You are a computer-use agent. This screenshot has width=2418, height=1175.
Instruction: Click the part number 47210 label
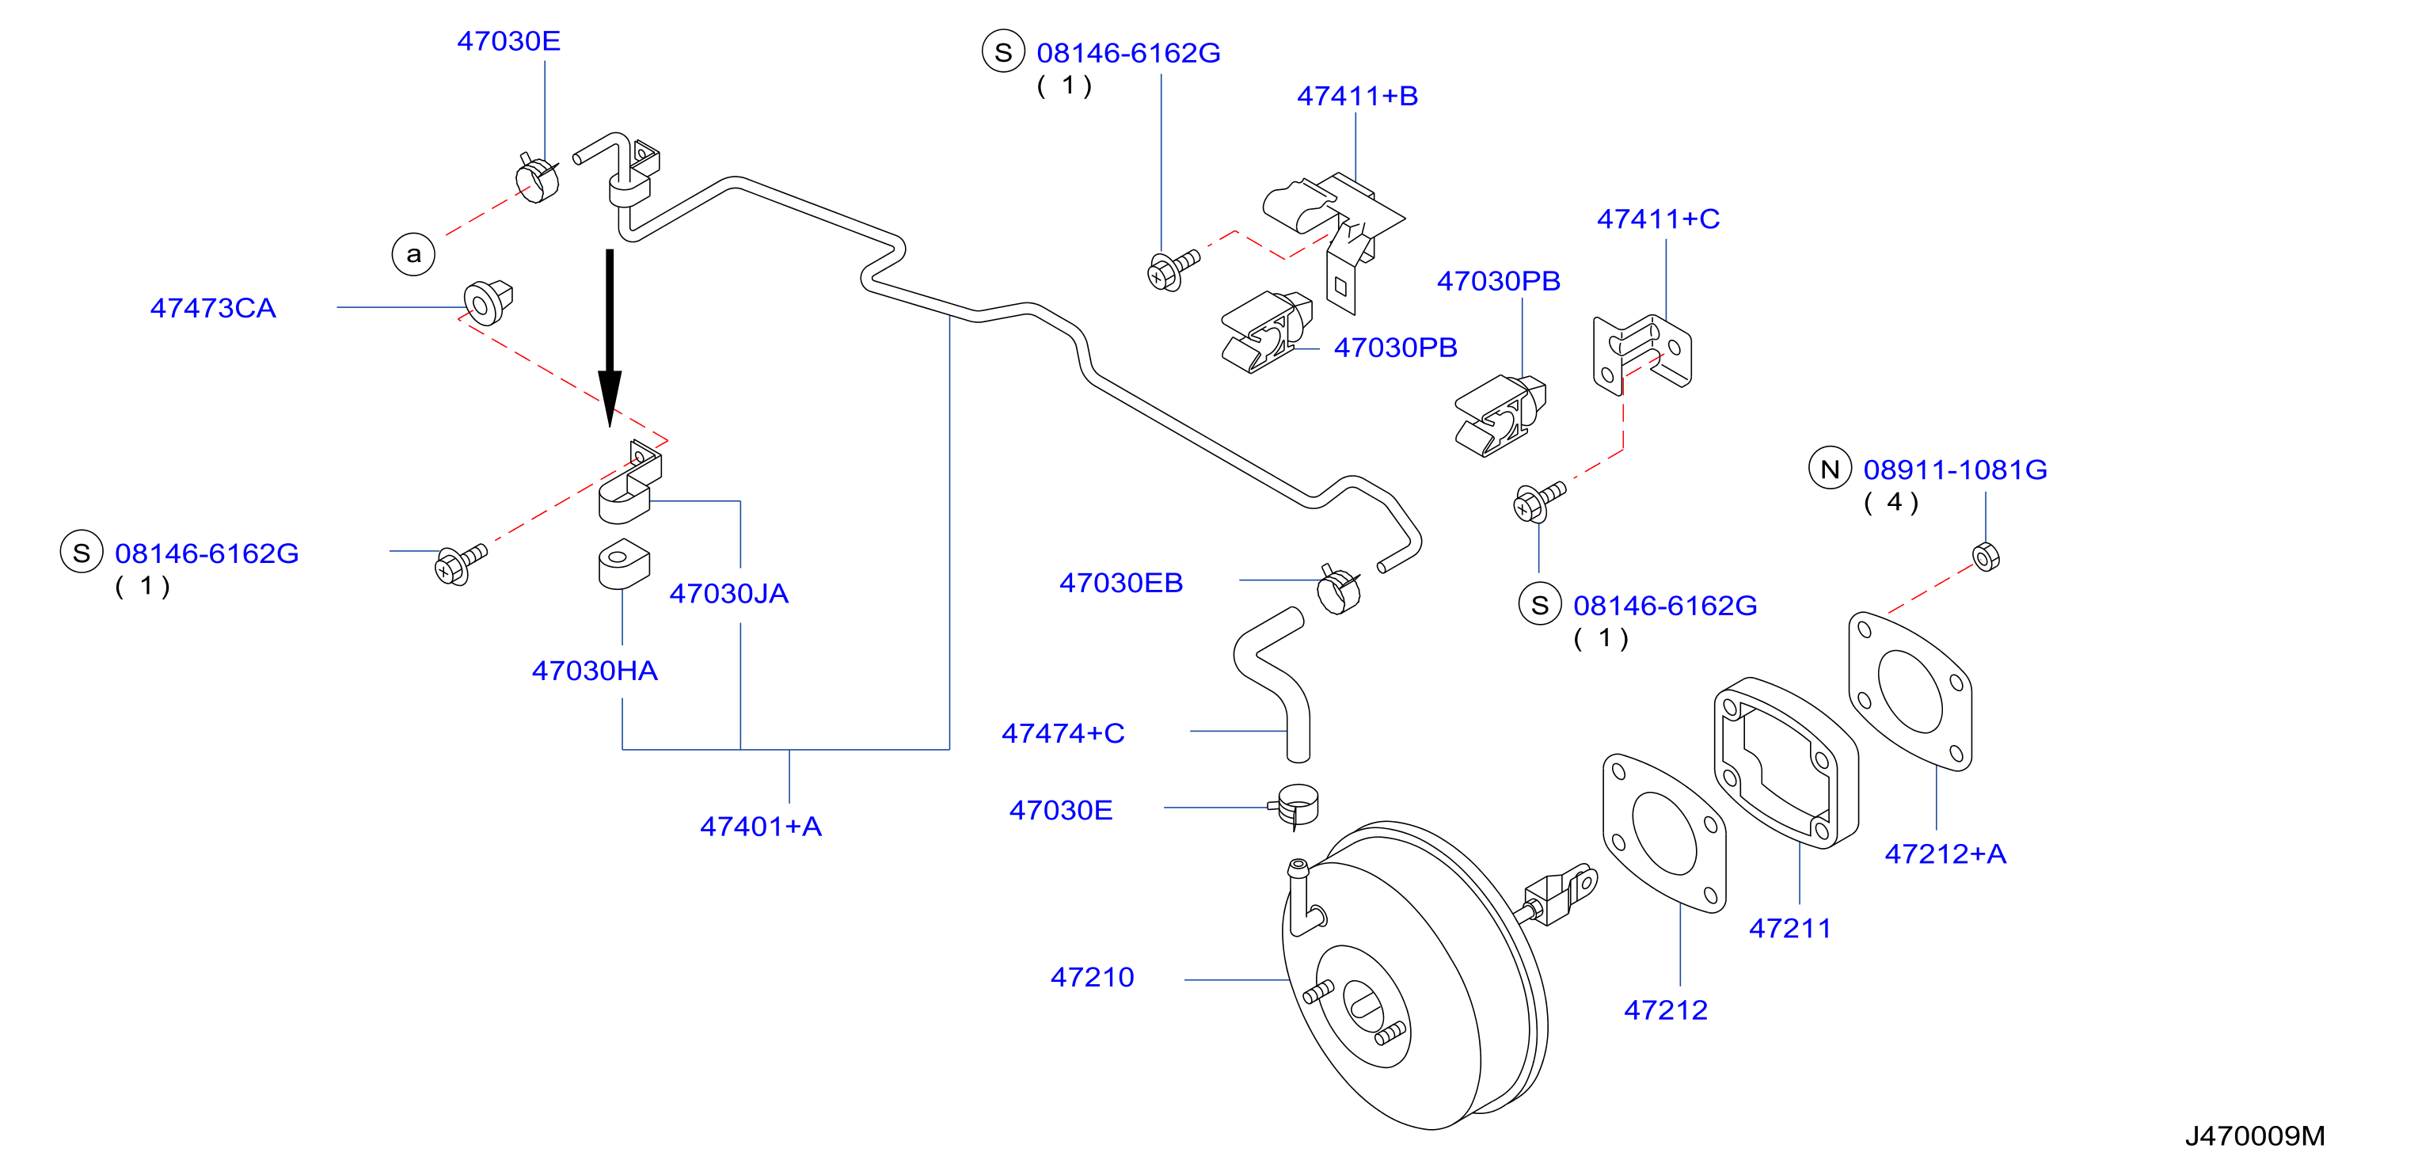tap(1092, 977)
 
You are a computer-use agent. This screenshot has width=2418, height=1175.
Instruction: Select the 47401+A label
tap(760, 826)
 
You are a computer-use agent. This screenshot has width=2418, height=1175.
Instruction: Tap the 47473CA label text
tap(213, 308)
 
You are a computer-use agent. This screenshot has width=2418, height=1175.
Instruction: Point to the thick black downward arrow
tap(610, 338)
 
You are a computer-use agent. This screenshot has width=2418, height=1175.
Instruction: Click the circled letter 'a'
tap(413, 253)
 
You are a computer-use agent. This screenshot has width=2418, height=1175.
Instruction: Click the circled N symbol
tap(1830, 468)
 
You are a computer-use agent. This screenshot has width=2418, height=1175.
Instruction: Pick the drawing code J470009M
tap(2255, 1135)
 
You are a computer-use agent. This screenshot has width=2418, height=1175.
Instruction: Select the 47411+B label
tap(1357, 96)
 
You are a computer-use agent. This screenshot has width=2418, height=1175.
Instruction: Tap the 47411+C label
tap(1659, 219)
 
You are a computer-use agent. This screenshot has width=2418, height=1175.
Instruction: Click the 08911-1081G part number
tap(1956, 470)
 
